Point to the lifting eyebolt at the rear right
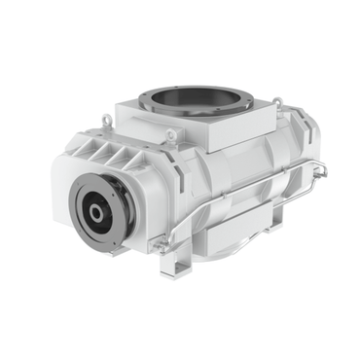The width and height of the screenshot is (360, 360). coord(278,100)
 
